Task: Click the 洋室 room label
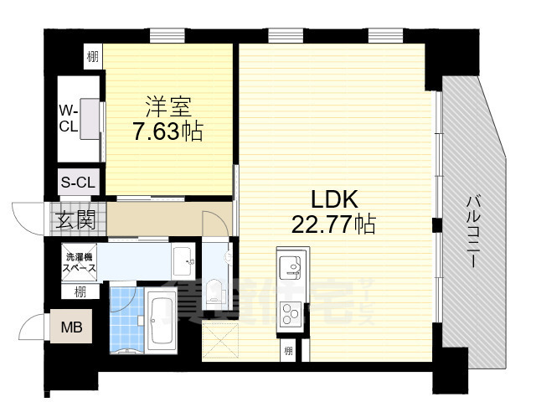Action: coord(168,106)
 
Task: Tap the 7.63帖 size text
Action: coord(168,131)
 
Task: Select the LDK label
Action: coord(335,199)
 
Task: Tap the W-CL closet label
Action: coord(68,120)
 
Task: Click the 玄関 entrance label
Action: coord(75,221)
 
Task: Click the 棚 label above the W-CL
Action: coord(90,58)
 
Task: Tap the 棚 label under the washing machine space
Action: coord(79,292)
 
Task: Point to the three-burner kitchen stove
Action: coord(291,317)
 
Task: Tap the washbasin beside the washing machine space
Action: coord(182,263)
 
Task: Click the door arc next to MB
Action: coord(33,326)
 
